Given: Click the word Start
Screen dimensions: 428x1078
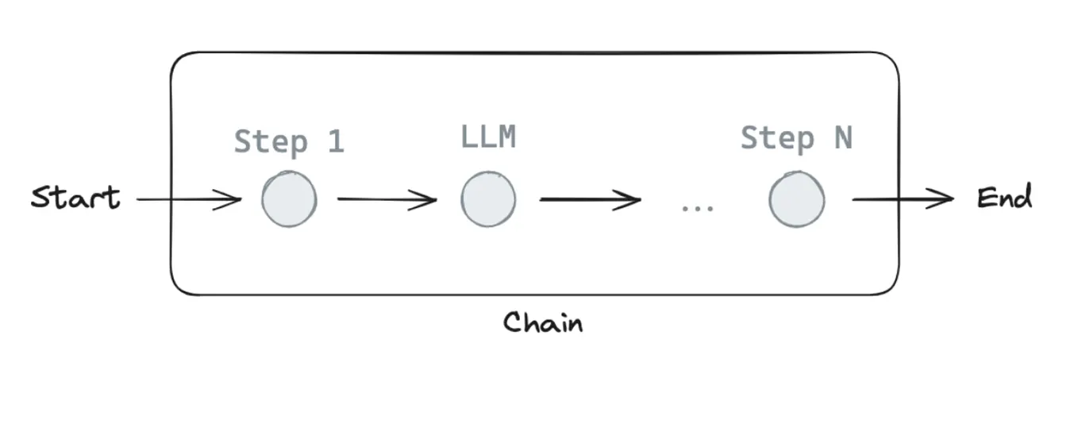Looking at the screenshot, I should tap(75, 198).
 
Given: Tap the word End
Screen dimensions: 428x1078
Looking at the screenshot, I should tap(1004, 197).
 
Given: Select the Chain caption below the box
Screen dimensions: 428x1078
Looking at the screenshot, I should tap(543, 322).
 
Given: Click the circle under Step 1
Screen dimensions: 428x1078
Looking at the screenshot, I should tap(290, 199).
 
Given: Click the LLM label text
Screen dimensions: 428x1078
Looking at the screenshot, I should tap(488, 137).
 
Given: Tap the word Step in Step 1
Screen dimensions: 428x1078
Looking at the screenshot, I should tap(270, 142).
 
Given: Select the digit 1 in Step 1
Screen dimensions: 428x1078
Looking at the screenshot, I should tap(335, 141).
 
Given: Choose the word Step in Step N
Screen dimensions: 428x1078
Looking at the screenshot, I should tap(777, 139).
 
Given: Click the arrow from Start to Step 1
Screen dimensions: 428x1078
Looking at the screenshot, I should tap(189, 199).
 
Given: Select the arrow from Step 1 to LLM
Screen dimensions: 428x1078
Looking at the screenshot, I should tap(387, 199).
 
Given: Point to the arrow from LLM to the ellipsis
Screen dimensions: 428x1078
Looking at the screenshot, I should tap(590, 199).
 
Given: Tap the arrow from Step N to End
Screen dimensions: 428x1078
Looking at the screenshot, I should tap(903, 199).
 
